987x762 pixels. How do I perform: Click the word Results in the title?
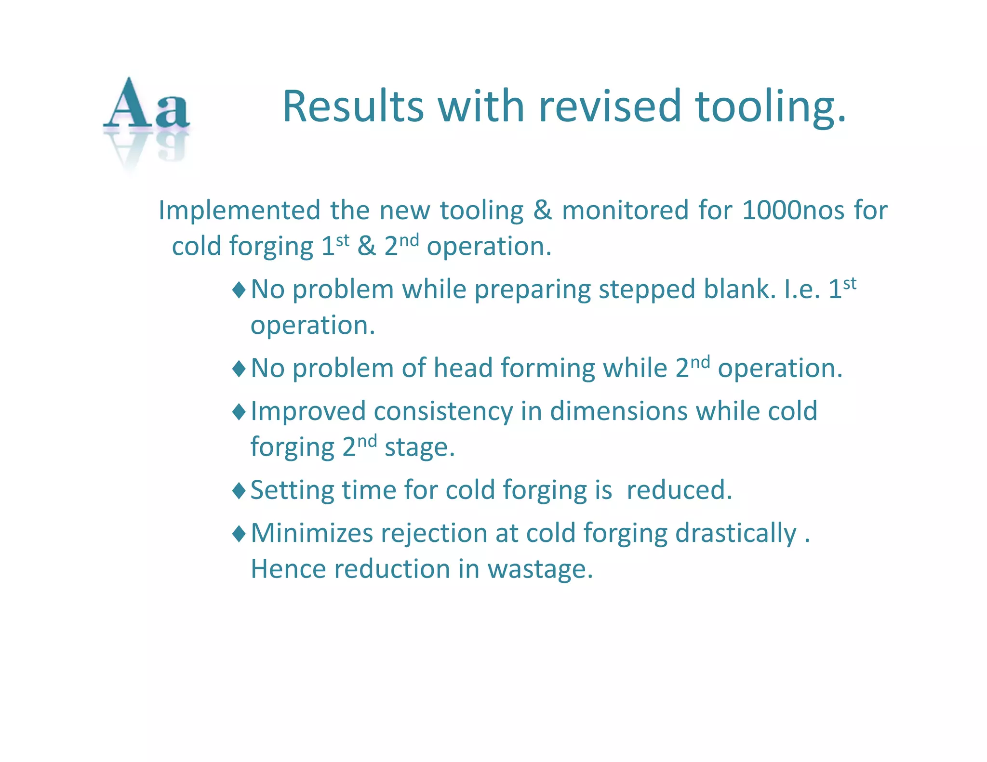[353, 106]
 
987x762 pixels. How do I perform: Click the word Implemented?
[240, 210]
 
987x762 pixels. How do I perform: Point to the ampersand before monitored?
[543, 210]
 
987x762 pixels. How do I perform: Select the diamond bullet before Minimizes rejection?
[239, 534]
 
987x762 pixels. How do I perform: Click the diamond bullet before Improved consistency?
[239, 412]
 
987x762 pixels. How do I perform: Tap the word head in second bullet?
[463, 368]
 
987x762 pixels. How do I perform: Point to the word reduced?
[679, 490]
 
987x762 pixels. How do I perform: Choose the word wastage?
[540, 570]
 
